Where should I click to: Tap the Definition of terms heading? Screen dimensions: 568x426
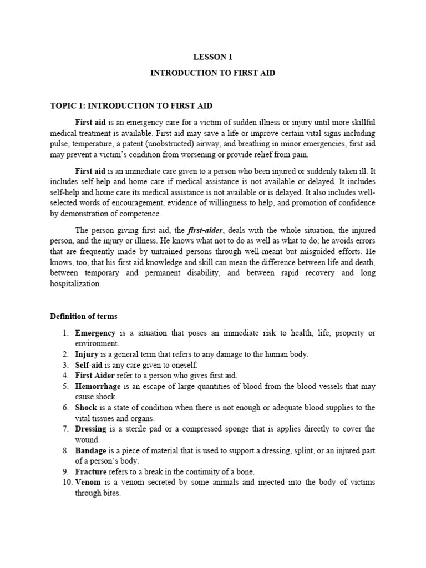84,316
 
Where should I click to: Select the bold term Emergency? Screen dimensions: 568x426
95,333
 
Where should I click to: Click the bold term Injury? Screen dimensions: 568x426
87,354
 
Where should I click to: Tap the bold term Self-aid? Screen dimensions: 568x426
89,365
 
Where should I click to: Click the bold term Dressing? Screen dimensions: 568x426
92,429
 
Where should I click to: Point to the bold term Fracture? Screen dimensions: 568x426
91,472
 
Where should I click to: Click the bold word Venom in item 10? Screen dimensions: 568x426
88,483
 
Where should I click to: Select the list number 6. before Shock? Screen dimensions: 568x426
65,408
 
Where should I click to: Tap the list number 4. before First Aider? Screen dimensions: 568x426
65,376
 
